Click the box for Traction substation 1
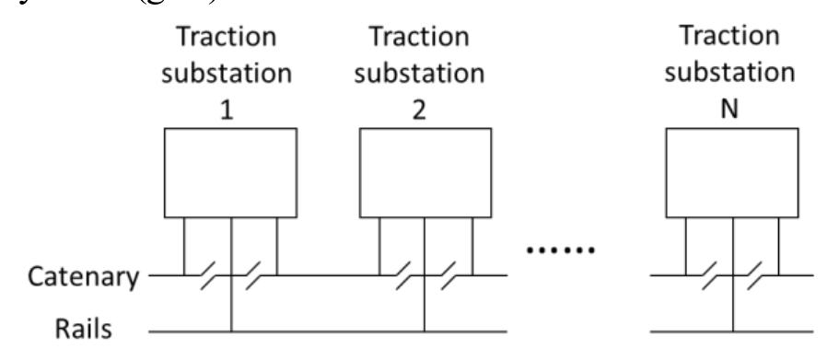pos(230,172)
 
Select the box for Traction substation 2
pos(424,172)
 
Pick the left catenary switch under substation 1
pos(208,274)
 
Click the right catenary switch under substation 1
pos(253,274)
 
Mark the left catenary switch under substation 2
pos(402,274)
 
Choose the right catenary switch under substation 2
pos(447,274)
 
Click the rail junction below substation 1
pos(230,329)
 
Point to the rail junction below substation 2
pos(424,329)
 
